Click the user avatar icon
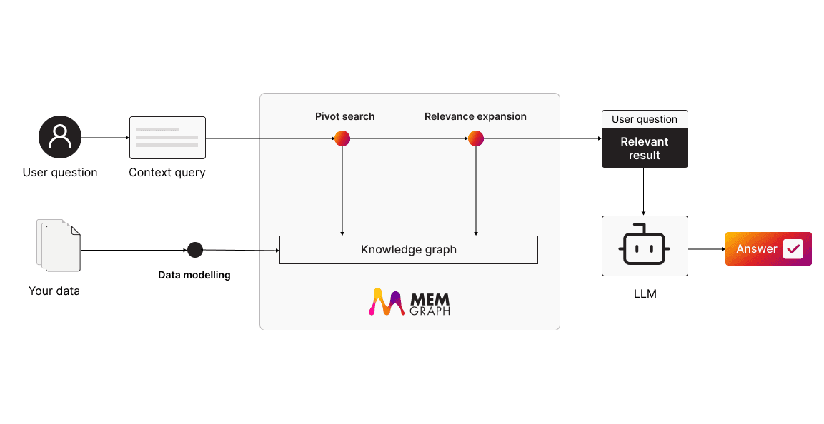pyautogui.click(x=59, y=137)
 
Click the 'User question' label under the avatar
pyautogui.click(x=60, y=172)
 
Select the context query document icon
pyautogui.click(x=167, y=138)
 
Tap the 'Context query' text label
pyautogui.click(x=167, y=172)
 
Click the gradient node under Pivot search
pyautogui.click(x=342, y=138)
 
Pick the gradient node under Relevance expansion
pyautogui.click(x=476, y=138)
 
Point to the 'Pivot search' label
pyautogui.click(x=344, y=116)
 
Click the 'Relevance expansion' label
pyautogui.click(x=475, y=116)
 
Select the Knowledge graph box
pyautogui.click(x=408, y=250)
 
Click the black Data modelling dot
pyautogui.click(x=194, y=250)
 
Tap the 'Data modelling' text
pyautogui.click(x=194, y=275)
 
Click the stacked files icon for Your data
pyautogui.click(x=59, y=246)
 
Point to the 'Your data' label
pyautogui.click(x=54, y=291)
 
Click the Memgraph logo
pyautogui.click(x=409, y=301)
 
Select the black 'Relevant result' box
pyautogui.click(x=645, y=148)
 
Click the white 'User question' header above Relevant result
pyautogui.click(x=645, y=119)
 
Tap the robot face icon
pyautogui.click(x=645, y=245)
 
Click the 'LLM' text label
pyautogui.click(x=645, y=293)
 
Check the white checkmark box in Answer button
pyautogui.click(x=793, y=248)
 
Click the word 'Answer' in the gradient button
pyautogui.click(x=756, y=248)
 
